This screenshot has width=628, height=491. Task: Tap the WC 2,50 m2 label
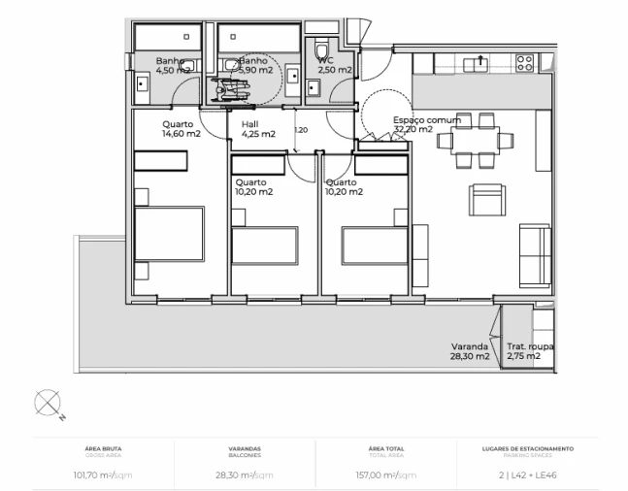coord(334,65)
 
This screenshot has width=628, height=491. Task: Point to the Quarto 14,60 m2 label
coord(182,129)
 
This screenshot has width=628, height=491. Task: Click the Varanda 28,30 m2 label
coord(469,351)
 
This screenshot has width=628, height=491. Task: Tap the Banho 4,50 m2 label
coord(173,65)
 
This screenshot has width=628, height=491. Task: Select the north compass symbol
coord(49,403)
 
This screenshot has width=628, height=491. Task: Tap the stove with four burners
coord(524,64)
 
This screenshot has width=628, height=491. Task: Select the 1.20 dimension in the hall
coord(300,130)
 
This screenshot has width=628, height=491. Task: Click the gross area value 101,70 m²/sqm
coord(103,475)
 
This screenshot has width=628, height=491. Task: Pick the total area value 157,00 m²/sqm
coord(386,475)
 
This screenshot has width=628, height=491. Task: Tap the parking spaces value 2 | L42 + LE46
coord(527,475)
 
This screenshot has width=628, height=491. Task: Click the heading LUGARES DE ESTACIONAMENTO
coord(527,448)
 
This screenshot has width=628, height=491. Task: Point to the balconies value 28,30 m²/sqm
coord(245,475)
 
